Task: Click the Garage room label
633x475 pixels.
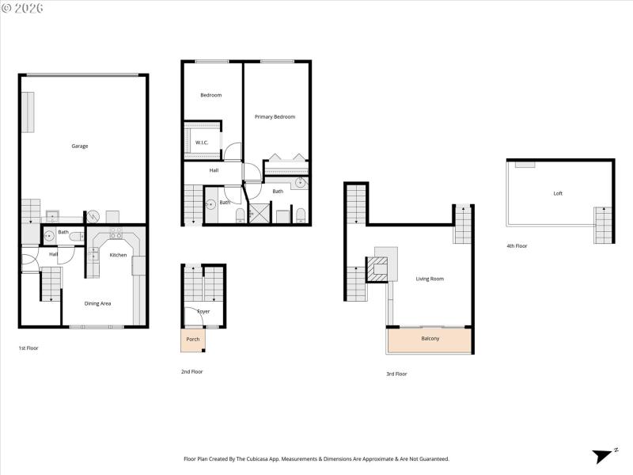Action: tap(80, 146)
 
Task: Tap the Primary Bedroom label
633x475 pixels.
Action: tap(275, 116)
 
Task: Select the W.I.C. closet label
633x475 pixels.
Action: tap(202, 142)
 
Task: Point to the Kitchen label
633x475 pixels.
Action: tap(118, 255)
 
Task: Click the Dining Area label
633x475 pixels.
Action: tap(97, 303)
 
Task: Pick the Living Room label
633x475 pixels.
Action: tap(430, 279)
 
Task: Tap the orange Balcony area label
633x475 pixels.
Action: tap(430, 339)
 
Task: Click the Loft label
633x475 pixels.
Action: tap(558, 193)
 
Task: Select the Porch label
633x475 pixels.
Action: tap(192, 339)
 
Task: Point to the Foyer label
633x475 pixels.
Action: tap(203, 311)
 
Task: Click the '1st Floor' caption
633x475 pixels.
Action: tap(28, 348)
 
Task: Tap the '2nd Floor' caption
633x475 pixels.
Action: tap(192, 371)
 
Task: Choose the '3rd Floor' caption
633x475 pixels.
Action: tap(396, 374)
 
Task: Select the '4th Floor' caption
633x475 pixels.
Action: tap(517, 246)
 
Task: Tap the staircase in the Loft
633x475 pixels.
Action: tap(603, 225)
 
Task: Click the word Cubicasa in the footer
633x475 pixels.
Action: tap(282, 458)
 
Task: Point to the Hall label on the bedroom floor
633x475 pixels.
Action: tap(214, 170)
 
